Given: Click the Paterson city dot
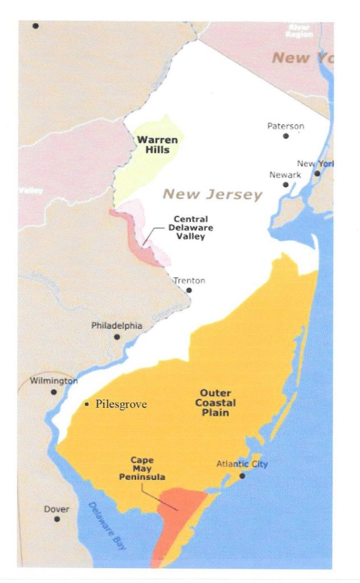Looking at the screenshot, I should [285, 136].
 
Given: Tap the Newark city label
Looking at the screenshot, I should [285, 175].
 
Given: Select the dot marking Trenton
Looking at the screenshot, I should [189, 290].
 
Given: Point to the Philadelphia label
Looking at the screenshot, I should [117, 326].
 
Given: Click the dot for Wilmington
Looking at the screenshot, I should [54, 392].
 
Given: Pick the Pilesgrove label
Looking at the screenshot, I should [121, 405].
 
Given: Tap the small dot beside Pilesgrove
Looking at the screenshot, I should [87, 405].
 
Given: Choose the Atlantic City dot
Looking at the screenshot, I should [242, 475].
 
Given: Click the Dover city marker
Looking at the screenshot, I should [56, 519].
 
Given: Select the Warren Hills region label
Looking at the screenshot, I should [153, 145].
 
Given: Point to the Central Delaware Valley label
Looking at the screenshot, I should [191, 228].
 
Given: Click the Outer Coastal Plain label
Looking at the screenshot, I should [215, 403].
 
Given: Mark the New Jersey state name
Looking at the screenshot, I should [212, 195].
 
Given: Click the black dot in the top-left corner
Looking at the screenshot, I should [35, 26].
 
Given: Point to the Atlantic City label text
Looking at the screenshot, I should [242, 464].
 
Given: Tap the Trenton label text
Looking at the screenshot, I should [189, 280].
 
